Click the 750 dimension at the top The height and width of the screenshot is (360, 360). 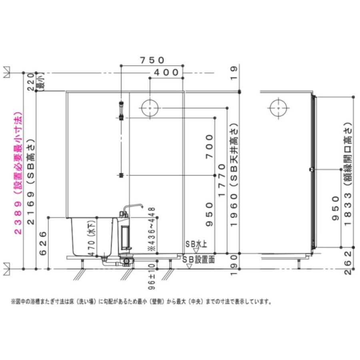coord(152,60)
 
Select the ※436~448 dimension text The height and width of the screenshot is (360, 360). coord(151,230)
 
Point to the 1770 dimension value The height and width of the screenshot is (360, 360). coord(221,180)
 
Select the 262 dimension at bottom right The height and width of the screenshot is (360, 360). coord(349,262)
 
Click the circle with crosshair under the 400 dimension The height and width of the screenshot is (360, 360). coord(150,108)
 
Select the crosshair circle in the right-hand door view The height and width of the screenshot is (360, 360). coord(279,108)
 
